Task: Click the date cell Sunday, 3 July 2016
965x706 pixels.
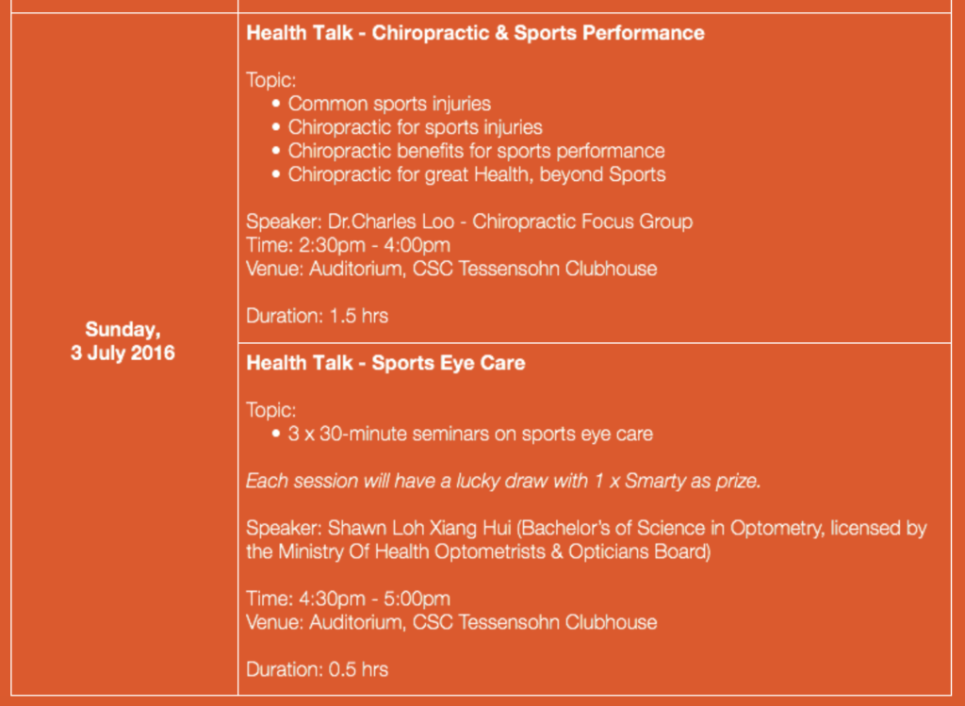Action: [123, 341]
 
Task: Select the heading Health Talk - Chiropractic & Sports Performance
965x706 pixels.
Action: [475, 33]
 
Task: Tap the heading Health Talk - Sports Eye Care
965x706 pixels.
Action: [385, 363]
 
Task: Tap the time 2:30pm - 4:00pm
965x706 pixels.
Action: [374, 245]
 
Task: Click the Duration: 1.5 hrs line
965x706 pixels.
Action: [317, 316]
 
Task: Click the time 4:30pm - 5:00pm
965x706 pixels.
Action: [374, 599]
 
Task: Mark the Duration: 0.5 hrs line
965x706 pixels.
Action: [317, 669]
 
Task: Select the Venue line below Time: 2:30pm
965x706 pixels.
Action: [451, 269]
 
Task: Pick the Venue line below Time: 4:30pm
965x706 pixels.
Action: [451, 622]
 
